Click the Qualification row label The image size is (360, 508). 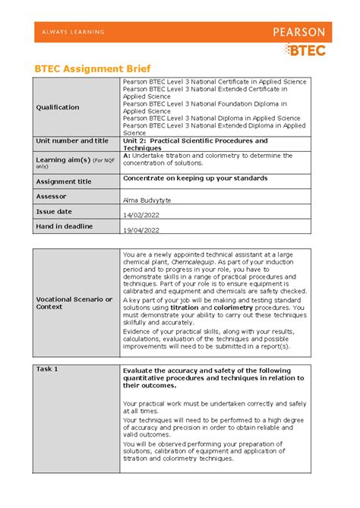click(58, 107)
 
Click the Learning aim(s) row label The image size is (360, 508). click(61, 159)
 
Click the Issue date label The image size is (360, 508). click(54, 211)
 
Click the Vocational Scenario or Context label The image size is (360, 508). click(74, 303)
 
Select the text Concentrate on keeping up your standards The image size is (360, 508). click(195, 178)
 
